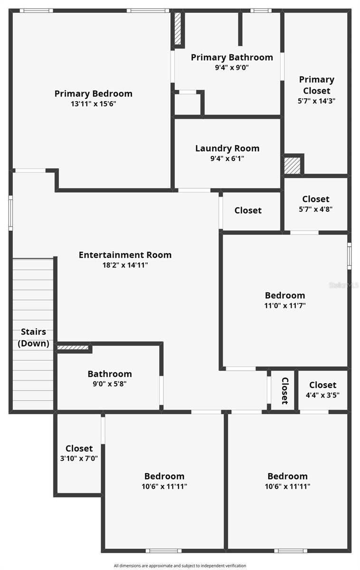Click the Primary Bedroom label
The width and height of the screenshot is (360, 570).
(93, 94)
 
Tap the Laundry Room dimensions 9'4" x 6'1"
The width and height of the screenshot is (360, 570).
(227, 159)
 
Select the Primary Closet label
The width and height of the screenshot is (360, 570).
(316, 85)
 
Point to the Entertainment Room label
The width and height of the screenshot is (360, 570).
(125, 255)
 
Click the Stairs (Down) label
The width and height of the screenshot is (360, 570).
(33, 338)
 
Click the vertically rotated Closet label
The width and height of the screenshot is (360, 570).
(285, 390)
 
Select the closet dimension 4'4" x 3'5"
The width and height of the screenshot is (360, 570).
(322, 395)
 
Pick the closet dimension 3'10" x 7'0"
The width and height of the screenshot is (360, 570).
(79, 458)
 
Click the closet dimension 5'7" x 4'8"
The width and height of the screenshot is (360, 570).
(316, 209)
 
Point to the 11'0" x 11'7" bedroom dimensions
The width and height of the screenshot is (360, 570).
(285, 306)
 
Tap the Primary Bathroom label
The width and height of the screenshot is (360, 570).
(232, 57)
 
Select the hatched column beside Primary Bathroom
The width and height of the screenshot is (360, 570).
(178, 28)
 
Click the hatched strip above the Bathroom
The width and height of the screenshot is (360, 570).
(73, 348)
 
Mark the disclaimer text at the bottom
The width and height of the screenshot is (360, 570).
(180, 566)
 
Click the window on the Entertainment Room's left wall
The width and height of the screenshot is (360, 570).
(10, 213)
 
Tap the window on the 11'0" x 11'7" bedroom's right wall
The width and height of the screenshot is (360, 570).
(349, 256)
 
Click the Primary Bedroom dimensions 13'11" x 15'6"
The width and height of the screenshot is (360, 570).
(93, 104)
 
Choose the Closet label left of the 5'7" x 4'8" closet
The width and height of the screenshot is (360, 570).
(248, 210)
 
